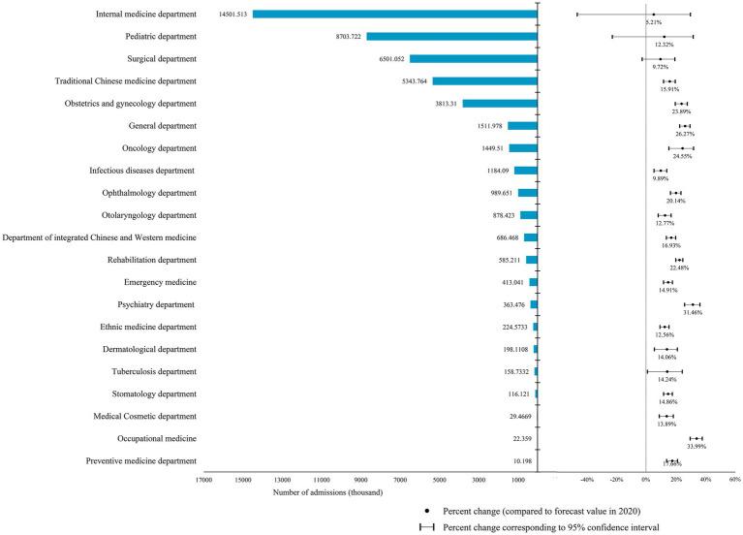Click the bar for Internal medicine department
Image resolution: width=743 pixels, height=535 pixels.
coord(394,14)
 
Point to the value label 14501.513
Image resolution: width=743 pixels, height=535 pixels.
coord(227,15)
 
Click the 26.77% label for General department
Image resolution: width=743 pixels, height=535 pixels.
coord(686,134)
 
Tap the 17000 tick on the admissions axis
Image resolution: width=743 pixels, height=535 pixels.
coord(202,479)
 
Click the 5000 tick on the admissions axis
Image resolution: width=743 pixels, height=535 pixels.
coord(439,479)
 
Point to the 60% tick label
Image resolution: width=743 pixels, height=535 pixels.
coord(734,479)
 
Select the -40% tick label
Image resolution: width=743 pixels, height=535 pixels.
coord(587,479)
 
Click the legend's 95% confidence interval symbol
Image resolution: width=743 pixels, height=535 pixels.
coord(426,527)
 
